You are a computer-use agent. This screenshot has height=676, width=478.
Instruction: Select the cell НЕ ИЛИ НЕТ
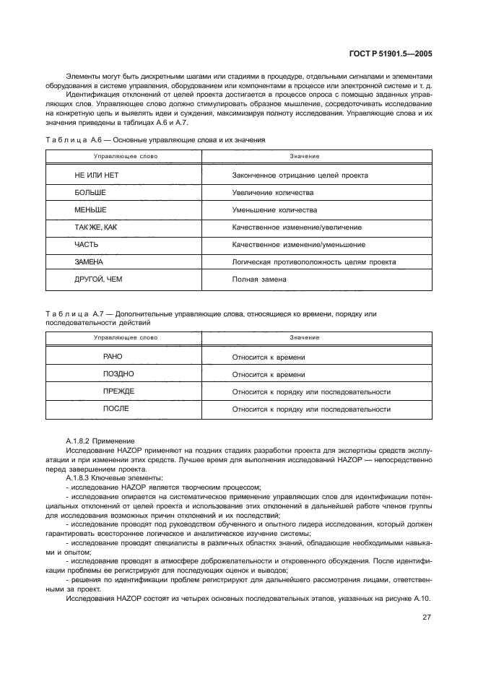click(x=96, y=175)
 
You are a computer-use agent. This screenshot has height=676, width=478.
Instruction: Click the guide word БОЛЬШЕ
click(x=90, y=193)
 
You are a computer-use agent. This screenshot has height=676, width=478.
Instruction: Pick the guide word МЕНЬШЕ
click(x=90, y=210)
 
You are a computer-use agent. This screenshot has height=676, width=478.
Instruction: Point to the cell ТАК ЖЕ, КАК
click(x=95, y=227)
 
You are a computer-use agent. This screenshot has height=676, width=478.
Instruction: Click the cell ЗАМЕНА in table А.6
click(x=89, y=261)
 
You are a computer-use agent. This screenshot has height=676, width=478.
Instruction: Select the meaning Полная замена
click(x=259, y=279)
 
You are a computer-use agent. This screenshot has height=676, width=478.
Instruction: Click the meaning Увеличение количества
click(x=273, y=193)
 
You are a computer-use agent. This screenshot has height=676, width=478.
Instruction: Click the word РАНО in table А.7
click(x=113, y=357)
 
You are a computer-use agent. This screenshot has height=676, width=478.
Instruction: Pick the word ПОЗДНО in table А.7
click(x=118, y=374)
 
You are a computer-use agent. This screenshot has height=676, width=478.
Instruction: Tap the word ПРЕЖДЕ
click(x=118, y=391)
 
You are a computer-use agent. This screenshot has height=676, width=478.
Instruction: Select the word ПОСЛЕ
click(x=116, y=409)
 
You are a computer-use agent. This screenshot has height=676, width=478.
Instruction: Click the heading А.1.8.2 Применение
click(x=100, y=441)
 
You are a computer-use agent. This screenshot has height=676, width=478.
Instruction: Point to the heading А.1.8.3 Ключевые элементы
click(x=113, y=479)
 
